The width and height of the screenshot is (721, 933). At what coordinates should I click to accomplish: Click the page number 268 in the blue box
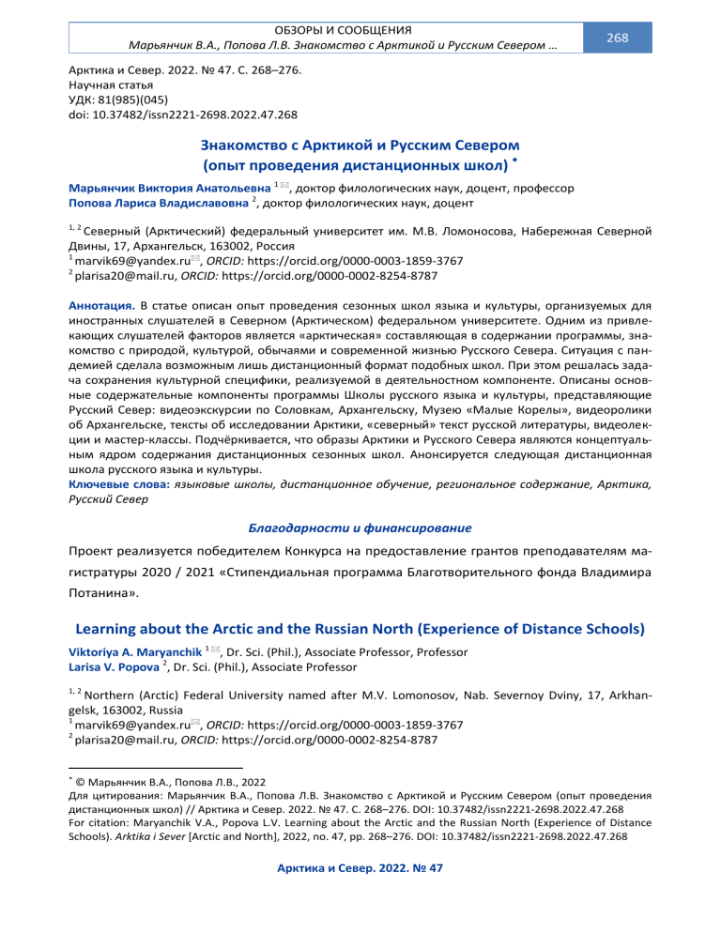[617, 38]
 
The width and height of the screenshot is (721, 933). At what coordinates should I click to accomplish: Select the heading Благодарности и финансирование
[360, 528]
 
